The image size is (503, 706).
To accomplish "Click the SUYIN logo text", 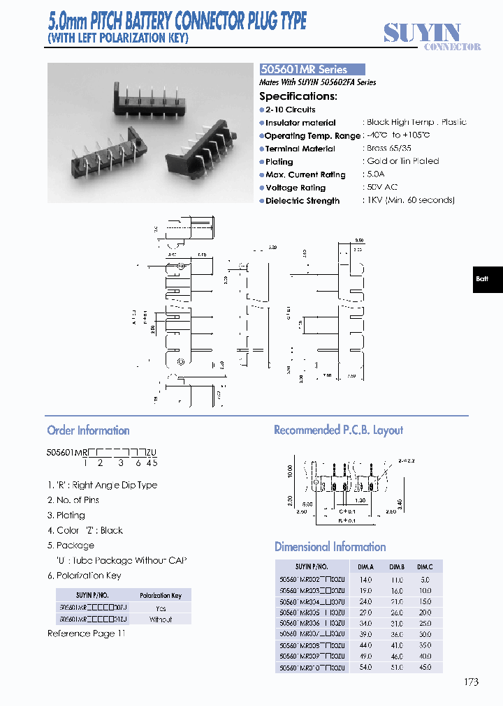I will (x=422, y=32).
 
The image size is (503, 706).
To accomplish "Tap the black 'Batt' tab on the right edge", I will (x=482, y=279).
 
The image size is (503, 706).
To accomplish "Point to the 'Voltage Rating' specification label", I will (x=296, y=188).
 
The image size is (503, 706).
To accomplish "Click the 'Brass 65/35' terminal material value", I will (x=389, y=149).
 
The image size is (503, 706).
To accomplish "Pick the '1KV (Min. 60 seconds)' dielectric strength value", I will (x=410, y=200).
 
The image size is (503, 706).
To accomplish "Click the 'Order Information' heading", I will (x=88, y=430).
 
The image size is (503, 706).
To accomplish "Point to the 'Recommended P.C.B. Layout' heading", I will (x=338, y=430).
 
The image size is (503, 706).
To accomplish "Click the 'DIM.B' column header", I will (x=397, y=566).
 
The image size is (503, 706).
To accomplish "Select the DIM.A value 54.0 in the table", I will (x=365, y=668).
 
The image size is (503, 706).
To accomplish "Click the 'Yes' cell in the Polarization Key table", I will (x=161, y=608).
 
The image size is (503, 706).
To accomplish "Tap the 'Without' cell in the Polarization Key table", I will (x=161, y=619).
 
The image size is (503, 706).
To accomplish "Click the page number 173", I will (x=471, y=682).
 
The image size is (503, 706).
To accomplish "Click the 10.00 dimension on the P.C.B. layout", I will (x=289, y=472).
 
